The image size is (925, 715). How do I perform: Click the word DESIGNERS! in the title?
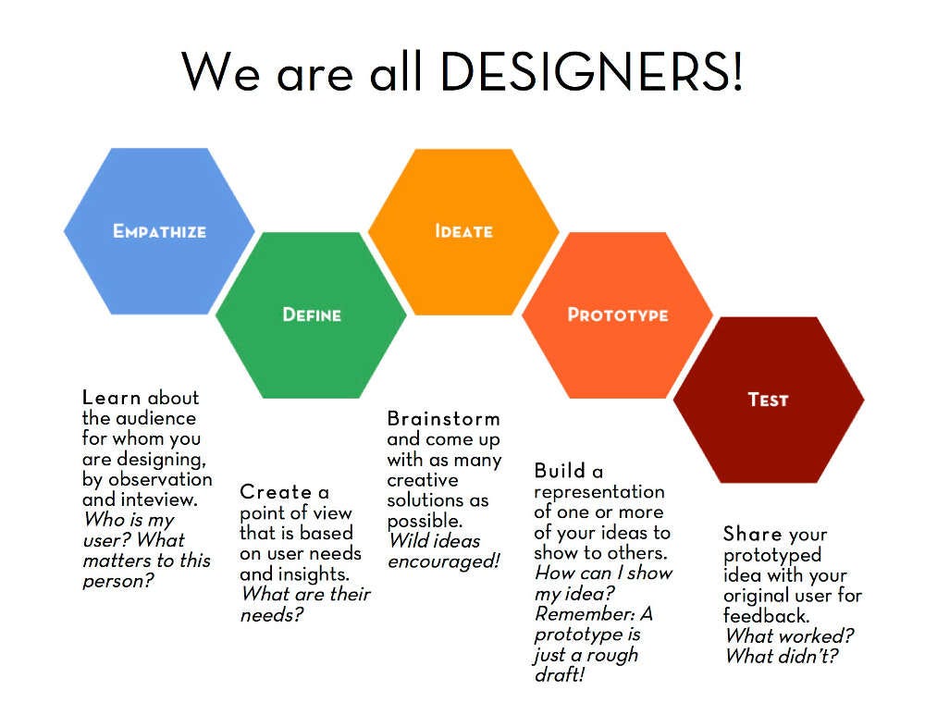tap(591, 70)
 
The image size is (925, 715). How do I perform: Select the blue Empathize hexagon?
tap(159, 230)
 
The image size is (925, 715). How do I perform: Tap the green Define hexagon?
tap(311, 314)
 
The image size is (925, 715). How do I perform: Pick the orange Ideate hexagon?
tap(463, 230)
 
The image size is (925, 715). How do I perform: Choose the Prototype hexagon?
tap(617, 314)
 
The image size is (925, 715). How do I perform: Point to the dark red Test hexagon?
tap(768, 400)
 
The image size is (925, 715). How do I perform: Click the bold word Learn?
tap(112, 398)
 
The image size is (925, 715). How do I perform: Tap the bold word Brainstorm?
tap(443, 418)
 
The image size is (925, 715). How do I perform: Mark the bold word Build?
tap(561, 472)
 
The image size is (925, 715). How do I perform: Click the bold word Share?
tap(752, 535)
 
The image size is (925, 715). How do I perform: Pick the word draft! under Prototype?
tap(560, 675)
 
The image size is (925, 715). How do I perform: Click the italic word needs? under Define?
tap(271, 614)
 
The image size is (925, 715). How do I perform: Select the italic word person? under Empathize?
tap(117, 581)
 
